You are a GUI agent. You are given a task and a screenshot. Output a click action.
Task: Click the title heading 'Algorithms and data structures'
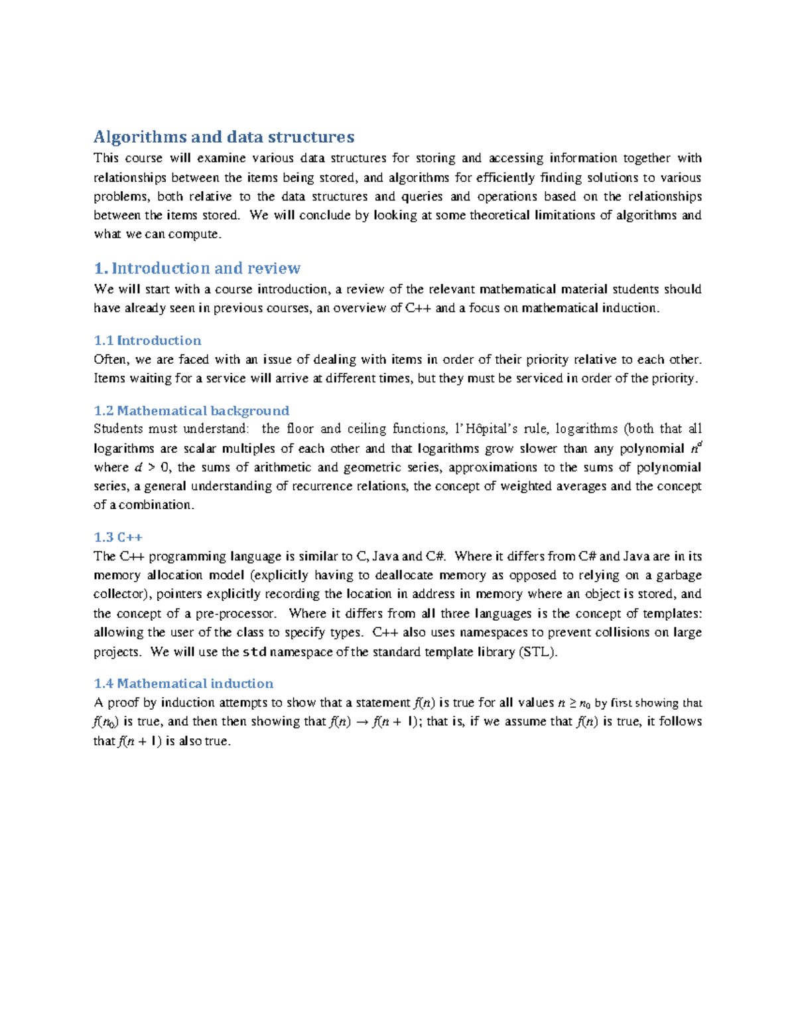click(x=224, y=137)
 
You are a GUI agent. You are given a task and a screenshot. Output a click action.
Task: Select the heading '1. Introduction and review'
click(x=197, y=268)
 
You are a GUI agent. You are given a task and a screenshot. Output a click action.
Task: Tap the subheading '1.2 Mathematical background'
click(x=191, y=411)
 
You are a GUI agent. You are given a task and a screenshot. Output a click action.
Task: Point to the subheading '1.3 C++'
click(x=118, y=537)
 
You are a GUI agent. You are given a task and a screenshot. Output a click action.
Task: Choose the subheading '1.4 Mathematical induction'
click(x=183, y=684)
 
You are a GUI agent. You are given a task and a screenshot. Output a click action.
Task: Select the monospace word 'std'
click(x=255, y=652)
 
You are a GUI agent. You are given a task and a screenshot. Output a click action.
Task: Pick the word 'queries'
click(x=423, y=197)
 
